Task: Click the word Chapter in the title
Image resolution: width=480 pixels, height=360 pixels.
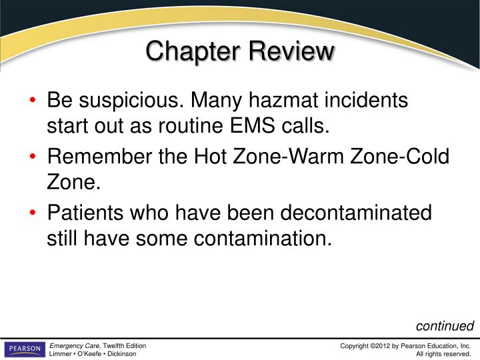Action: (x=194, y=51)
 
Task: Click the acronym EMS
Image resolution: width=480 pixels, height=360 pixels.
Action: (x=259, y=125)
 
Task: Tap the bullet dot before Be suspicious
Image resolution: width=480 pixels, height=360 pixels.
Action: (x=34, y=102)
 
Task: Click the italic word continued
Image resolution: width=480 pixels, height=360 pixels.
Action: (x=445, y=327)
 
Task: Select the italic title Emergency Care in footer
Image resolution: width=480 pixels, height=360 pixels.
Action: (x=75, y=346)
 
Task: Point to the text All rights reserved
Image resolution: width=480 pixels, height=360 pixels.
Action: (x=444, y=354)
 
